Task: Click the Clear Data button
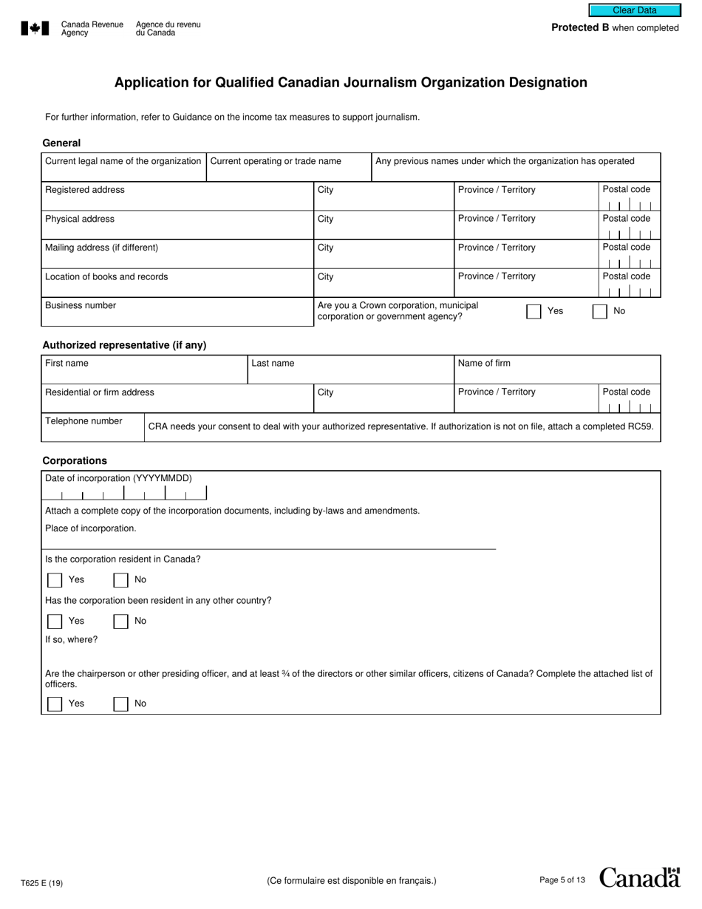[634, 10]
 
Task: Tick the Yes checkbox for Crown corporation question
[534, 311]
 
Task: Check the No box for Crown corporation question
[600, 311]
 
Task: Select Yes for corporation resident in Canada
[55, 579]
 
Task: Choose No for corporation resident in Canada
[120, 579]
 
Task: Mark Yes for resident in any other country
[55, 621]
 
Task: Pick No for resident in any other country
[120, 621]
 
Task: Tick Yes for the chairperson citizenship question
[55, 704]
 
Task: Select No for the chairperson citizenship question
[120, 704]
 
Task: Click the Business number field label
[81, 305]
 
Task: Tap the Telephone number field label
[84, 421]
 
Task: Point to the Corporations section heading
[75, 460]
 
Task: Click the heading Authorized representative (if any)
[124, 345]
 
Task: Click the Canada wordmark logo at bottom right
[639, 877]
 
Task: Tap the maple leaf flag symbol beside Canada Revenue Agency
[35, 28]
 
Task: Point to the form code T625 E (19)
[42, 882]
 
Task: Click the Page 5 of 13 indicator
[562, 880]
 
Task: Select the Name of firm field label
[484, 363]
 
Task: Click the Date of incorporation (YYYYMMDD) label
[118, 478]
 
